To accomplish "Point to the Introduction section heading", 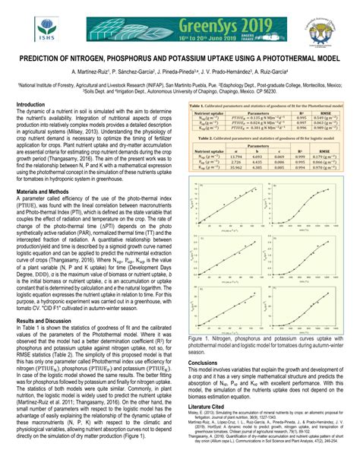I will [x=36, y=104].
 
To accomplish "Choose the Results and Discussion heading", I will [x=53, y=300].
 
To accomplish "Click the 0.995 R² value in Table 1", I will [x=302, y=116].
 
